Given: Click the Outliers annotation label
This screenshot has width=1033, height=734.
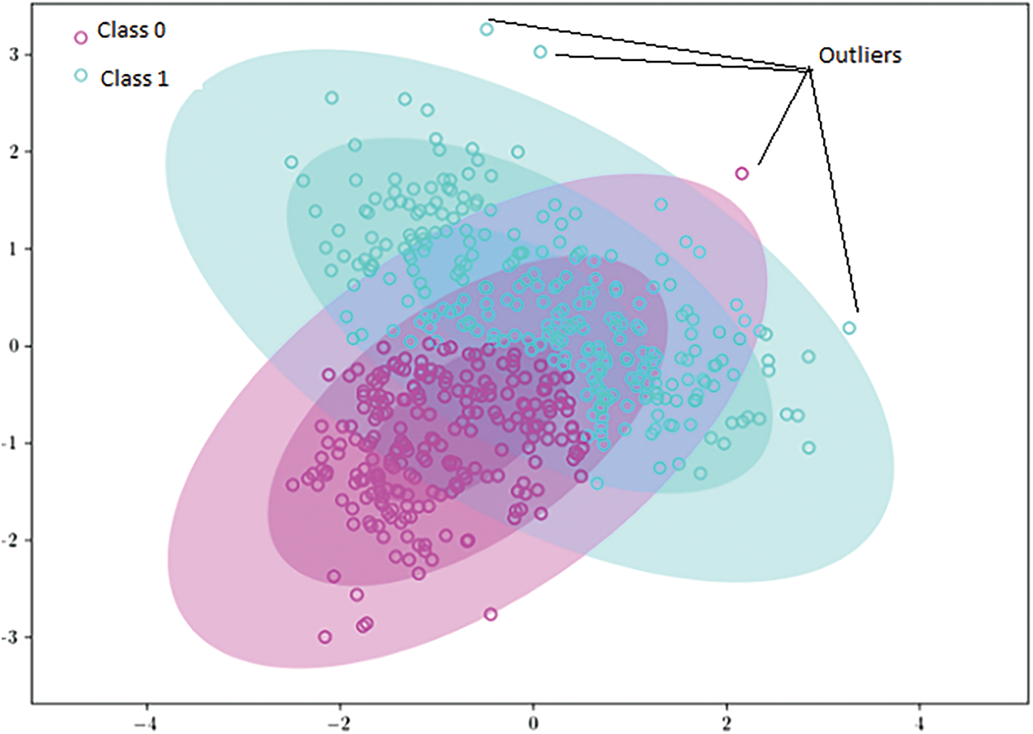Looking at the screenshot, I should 859,55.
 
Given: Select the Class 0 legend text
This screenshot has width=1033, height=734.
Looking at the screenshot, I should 131,31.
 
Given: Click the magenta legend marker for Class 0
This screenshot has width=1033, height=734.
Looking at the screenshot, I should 81,37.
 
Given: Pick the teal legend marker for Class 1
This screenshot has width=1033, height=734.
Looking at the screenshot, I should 81,76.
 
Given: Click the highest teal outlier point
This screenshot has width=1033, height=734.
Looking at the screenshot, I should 486,30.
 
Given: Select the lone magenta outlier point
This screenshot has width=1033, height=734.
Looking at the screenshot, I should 742,173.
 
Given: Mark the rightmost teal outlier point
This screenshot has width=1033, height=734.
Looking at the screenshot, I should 849,328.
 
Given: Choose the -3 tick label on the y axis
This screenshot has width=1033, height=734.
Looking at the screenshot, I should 12,638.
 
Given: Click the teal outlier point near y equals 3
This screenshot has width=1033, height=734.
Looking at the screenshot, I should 540,52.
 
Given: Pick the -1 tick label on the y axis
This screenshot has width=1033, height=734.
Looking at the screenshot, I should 12,443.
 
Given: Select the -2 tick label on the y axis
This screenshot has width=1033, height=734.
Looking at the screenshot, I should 12,540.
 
